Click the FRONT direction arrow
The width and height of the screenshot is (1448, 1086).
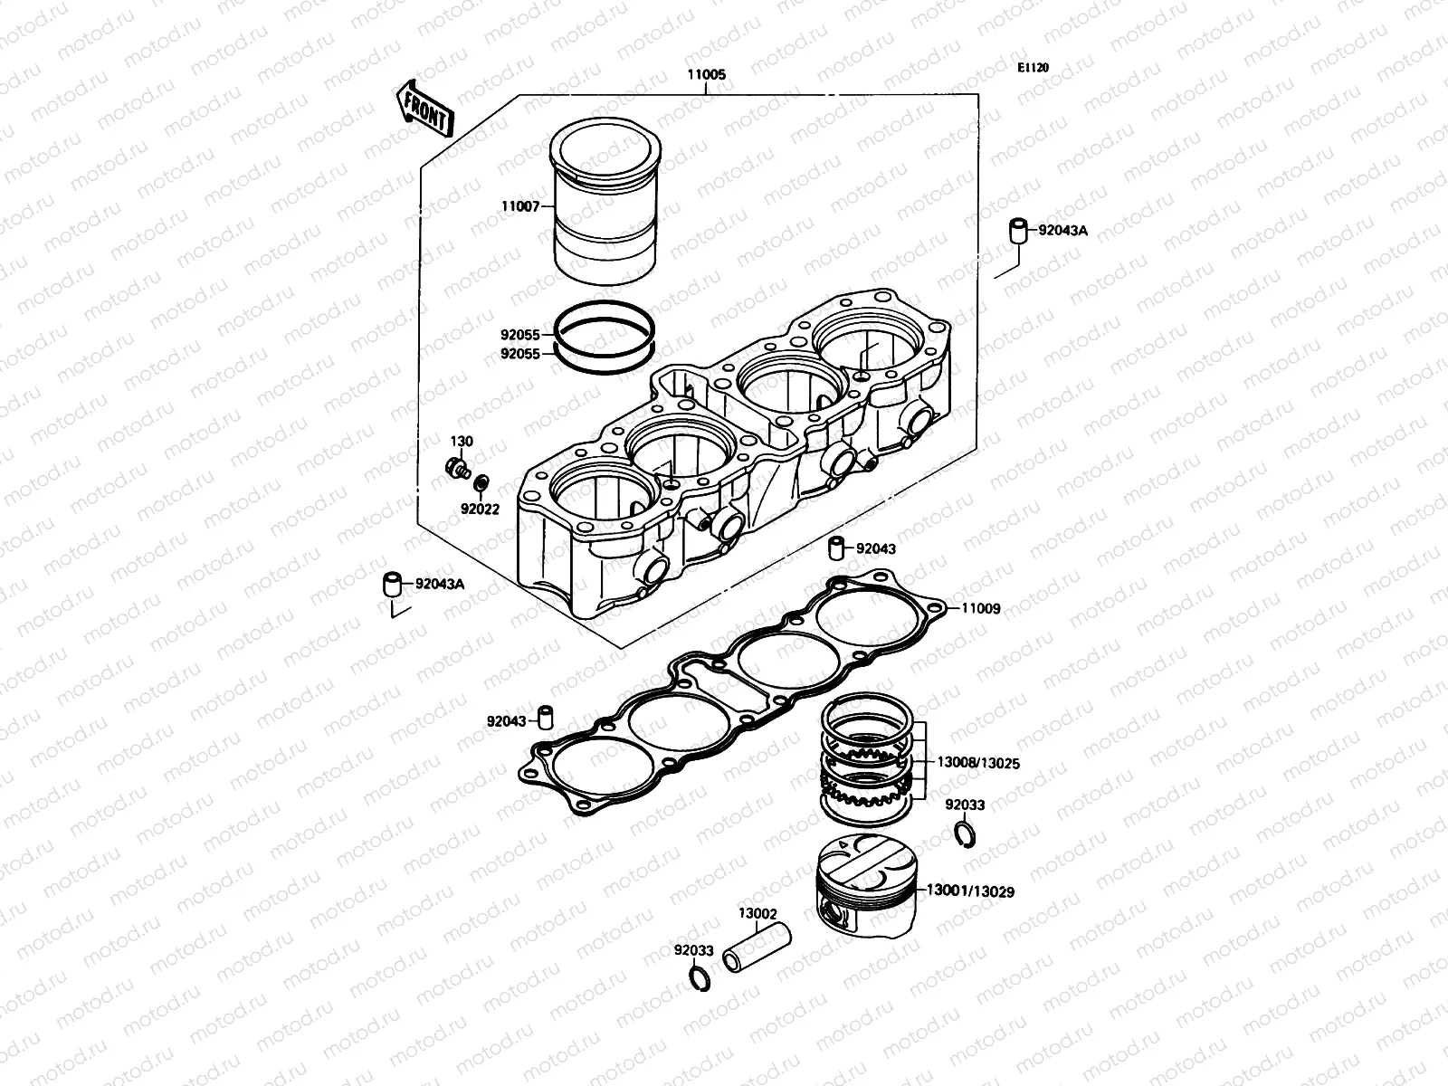(x=423, y=108)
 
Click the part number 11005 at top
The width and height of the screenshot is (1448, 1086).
(x=707, y=75)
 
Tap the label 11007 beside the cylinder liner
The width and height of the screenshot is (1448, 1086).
(x=520, y=206)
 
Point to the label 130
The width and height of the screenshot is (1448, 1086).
(x=462, y=442)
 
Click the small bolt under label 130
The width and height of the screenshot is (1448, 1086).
(x=457, y=468)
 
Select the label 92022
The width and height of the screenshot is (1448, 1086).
(x=480, y=510)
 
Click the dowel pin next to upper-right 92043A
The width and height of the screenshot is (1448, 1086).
(x=1020, y=231)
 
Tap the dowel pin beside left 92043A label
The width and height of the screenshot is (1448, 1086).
(x=392, y=584)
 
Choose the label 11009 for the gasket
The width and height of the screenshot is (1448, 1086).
(x=980, y=609)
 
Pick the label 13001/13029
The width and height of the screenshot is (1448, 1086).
(x=969, y=891)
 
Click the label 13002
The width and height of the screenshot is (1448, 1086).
(x=757, y=914)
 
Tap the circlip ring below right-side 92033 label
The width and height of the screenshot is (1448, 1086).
(x=966, y=833)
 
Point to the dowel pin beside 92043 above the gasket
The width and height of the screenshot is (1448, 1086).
(x=839, y=548)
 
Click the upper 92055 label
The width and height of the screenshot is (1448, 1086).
(x=520, y=334)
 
